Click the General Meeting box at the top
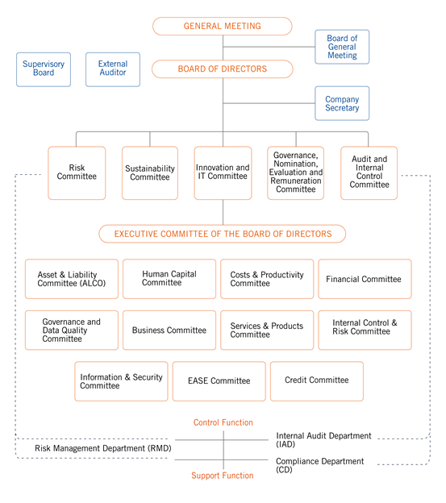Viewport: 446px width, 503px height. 223,27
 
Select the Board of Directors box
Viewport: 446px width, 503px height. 223,69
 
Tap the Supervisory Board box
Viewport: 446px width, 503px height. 44,69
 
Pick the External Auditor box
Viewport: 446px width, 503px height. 113,69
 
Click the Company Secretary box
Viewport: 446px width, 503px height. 342,103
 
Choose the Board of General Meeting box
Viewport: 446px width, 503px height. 342,47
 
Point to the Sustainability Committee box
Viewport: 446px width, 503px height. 150,173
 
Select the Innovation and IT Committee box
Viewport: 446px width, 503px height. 223,173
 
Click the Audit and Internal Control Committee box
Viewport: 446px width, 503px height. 369,173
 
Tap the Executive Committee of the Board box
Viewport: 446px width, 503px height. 223,234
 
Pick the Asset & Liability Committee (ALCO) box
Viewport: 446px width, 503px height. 72,279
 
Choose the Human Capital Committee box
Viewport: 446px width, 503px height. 169,279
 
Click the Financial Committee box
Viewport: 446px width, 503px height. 365,279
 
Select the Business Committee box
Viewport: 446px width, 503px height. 169,330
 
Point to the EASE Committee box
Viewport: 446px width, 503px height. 219,381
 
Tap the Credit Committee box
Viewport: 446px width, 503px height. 317,381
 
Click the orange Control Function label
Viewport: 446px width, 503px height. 223,422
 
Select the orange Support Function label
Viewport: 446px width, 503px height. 223,476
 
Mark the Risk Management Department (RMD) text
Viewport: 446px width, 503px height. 103,448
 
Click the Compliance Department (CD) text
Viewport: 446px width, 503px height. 320,465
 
